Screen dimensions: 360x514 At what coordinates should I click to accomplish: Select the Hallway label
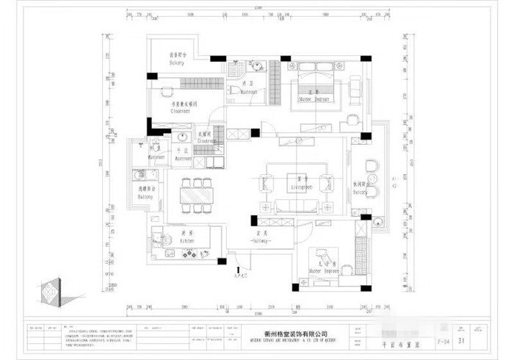[261, 240]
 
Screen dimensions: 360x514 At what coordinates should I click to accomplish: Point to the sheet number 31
[461, 340]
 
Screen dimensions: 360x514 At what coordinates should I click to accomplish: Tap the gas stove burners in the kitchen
[189, 254]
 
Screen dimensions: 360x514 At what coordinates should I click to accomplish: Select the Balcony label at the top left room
[177, 63]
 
